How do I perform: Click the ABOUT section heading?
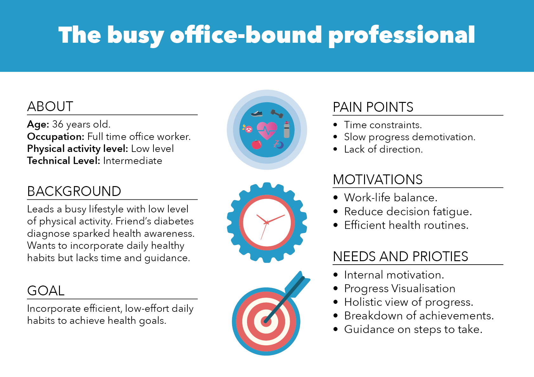pos(50,106)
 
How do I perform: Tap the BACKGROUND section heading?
pos(74,191)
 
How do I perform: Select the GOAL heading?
pos(46,291)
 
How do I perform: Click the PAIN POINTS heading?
pos(373,107)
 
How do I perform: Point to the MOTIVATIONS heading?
pos(378,179)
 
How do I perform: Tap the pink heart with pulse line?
pos(267,130)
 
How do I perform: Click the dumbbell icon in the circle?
pos(277,114)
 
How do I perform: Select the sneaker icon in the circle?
pos(257,114)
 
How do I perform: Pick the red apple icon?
pos(257,144)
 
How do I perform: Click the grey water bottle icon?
pos(287,129)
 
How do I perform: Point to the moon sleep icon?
pos(279,144)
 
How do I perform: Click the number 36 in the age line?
pos(58,124)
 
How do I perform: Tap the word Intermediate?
pos(133,161)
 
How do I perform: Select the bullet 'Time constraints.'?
pos(383,125)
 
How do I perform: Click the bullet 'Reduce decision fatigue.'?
pos(408,211)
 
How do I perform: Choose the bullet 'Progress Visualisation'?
pos(400,289)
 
